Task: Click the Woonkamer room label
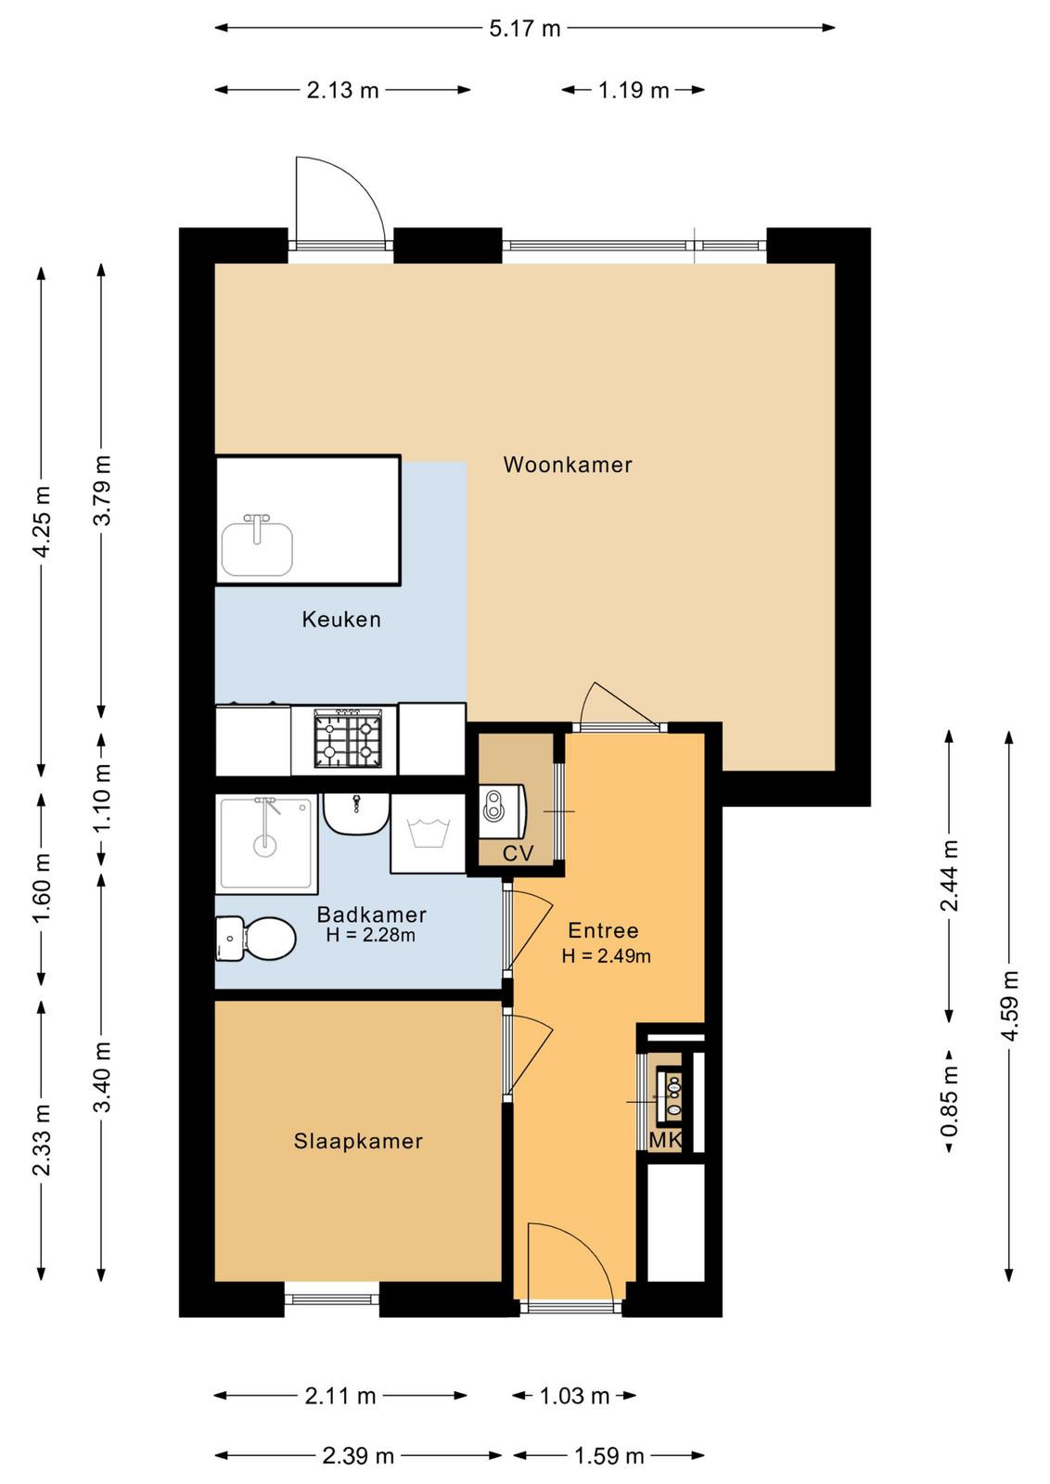click(x=567, y=465)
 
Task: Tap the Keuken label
click(x=341, y=620)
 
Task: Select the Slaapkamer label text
click(x=358, y=1141)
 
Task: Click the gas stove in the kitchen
click(x=348, y=738)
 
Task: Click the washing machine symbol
click(x=429, y=834)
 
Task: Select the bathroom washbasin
click(x=356, y=814)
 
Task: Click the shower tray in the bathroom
click(x=266, y=844)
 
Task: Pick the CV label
click(x=518, y=853)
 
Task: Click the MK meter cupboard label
click(x=665, y=1140)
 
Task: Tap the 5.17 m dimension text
click(x=525, y=29)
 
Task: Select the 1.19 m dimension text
click(x=634, y=90)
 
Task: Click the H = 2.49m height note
click(x=606, y=956)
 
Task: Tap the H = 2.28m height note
click(x=370, y=935)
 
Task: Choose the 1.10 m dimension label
click(x=101, y=800)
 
